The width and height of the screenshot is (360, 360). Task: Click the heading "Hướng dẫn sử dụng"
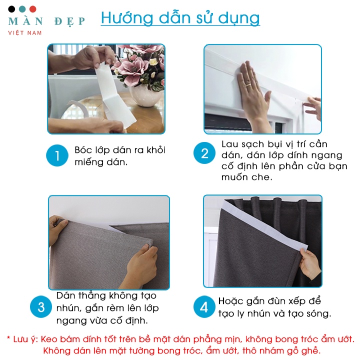tap(180, 18)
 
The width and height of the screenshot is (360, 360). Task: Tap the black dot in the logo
tap(11, 9)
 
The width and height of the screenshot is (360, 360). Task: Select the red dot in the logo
tap(33, 9)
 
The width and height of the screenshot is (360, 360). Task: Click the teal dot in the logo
tap(22, 9)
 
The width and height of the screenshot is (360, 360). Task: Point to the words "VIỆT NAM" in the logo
tap(25, 33)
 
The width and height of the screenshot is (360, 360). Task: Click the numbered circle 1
tap(57, 155)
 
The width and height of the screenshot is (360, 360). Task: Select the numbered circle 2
tap(204, 153)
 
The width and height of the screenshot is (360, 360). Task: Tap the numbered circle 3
tap(41, 306)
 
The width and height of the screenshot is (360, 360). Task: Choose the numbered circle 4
tap(204, 306)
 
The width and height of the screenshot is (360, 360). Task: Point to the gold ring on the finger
tap(248, 85)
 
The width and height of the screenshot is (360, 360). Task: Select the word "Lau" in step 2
tap(229, 144)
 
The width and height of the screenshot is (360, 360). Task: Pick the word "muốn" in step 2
tap(233, 177)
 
